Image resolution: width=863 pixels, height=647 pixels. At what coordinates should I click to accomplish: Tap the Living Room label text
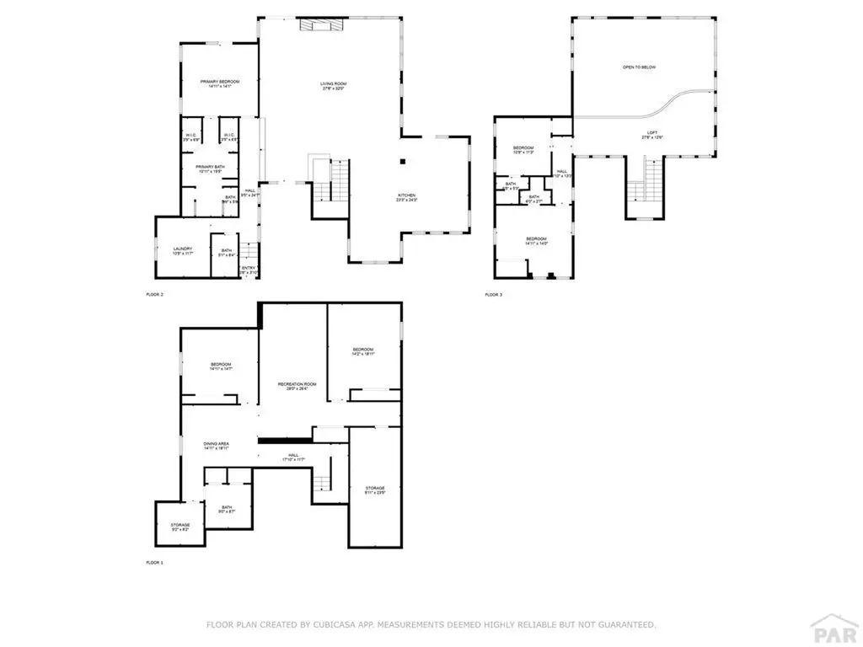(333, 86)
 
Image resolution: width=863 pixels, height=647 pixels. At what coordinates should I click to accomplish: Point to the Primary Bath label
(207, 168)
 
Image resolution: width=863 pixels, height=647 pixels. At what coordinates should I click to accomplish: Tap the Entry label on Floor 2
(249, 270)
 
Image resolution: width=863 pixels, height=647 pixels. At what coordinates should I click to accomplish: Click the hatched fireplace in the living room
(319, 26)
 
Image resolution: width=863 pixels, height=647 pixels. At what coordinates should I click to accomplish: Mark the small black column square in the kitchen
(403, 160)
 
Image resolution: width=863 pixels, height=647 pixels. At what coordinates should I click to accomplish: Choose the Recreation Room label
(292, 386)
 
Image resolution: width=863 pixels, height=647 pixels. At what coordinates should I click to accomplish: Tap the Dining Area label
(217, 446)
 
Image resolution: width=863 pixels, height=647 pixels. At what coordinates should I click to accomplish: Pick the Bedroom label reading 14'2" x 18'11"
(362, 351)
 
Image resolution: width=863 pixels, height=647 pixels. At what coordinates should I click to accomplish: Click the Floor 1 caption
(155, 561)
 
